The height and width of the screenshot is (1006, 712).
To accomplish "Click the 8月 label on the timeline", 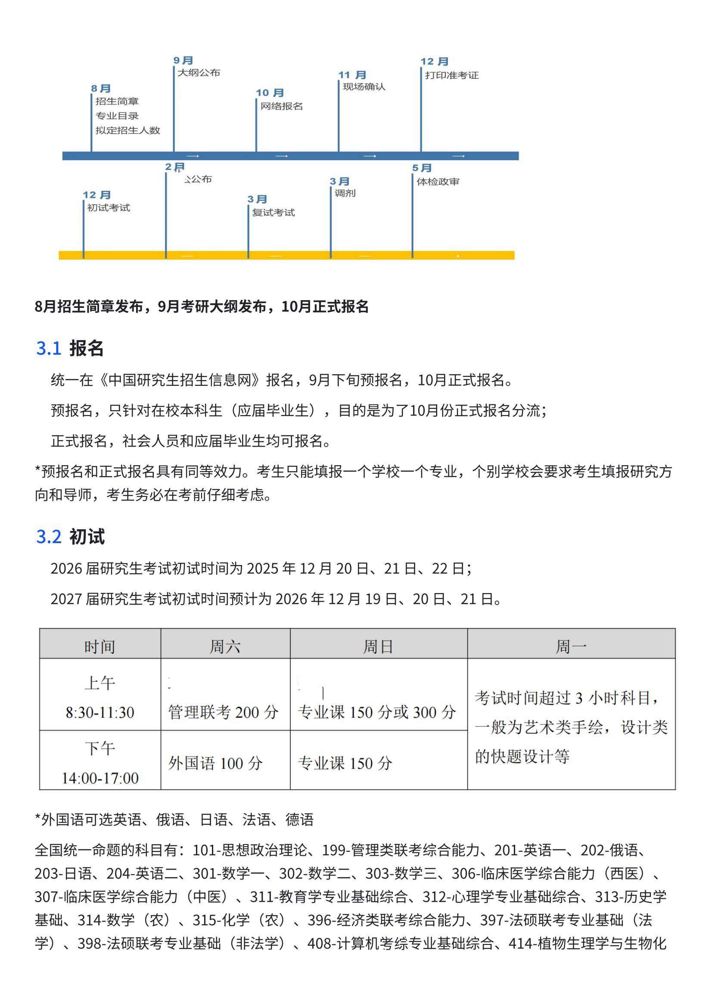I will (x=101, y=89).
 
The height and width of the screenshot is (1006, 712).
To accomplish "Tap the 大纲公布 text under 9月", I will (x=199, y=73).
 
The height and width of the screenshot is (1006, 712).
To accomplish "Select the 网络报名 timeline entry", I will (x=281, y=106).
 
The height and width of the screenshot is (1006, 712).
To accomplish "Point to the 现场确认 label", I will (x=364, y=87).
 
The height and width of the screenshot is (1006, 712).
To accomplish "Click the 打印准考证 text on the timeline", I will (x=451, y=75).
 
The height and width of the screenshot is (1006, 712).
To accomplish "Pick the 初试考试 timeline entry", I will (x=109, y=208).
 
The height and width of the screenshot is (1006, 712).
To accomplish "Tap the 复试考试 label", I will (x=273, y=213).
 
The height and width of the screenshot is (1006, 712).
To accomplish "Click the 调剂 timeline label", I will (x=345, y=193).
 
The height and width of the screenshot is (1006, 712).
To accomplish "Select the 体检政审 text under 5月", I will (x=438, y=182).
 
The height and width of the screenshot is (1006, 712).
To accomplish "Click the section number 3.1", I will (x=49, y=348).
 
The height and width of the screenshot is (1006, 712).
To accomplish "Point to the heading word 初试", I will (x=87, y=537).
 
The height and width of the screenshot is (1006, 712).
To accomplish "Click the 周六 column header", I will (x=225, y=647).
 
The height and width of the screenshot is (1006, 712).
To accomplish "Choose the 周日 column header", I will (x=378, y=647).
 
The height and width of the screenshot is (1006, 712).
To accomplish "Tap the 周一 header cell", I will (x=571, y=647).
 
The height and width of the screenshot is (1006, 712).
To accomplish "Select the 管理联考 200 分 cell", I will (x=223, y=712).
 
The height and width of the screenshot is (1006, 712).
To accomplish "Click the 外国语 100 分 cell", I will (x=215, y=764).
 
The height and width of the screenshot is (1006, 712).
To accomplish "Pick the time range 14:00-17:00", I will (x=100, y=778).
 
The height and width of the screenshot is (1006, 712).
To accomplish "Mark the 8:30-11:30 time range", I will (x=100, y=712).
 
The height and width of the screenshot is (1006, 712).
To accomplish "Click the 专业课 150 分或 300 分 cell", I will (x=377, y=712).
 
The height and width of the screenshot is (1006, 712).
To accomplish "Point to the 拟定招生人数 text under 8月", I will (x=128, y=130).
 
